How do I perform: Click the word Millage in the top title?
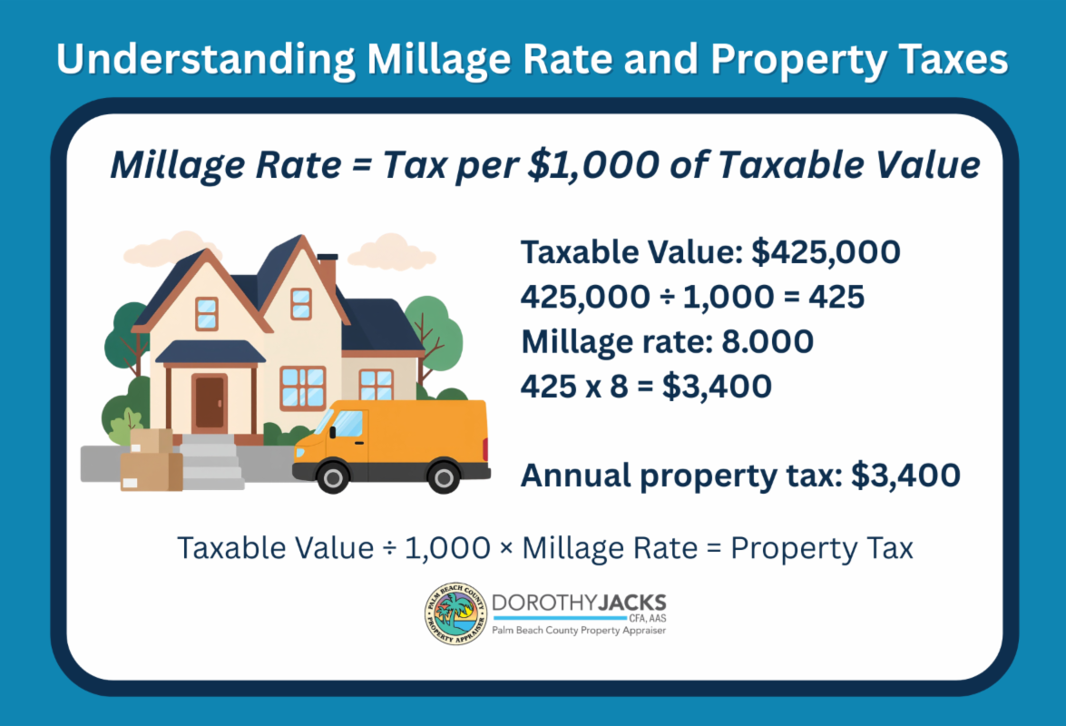tap(438, 60)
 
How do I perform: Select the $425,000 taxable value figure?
tap(826, 252)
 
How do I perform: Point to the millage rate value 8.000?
tap(768, 341)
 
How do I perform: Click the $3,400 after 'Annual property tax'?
tap(905, 476)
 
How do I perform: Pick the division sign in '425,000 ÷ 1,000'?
tap(667, 297)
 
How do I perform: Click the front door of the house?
tap(210, 403)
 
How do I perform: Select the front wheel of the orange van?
tap(333, 478)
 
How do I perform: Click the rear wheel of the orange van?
tap(444, 478)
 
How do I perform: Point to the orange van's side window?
tap(348, 424)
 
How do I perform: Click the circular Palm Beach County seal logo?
tap(455, 613)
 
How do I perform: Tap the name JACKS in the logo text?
tap(632, 603)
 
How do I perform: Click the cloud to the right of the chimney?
tap(392, 252)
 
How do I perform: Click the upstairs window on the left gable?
tap(207, 313)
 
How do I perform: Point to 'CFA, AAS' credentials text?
tap(647, 619)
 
